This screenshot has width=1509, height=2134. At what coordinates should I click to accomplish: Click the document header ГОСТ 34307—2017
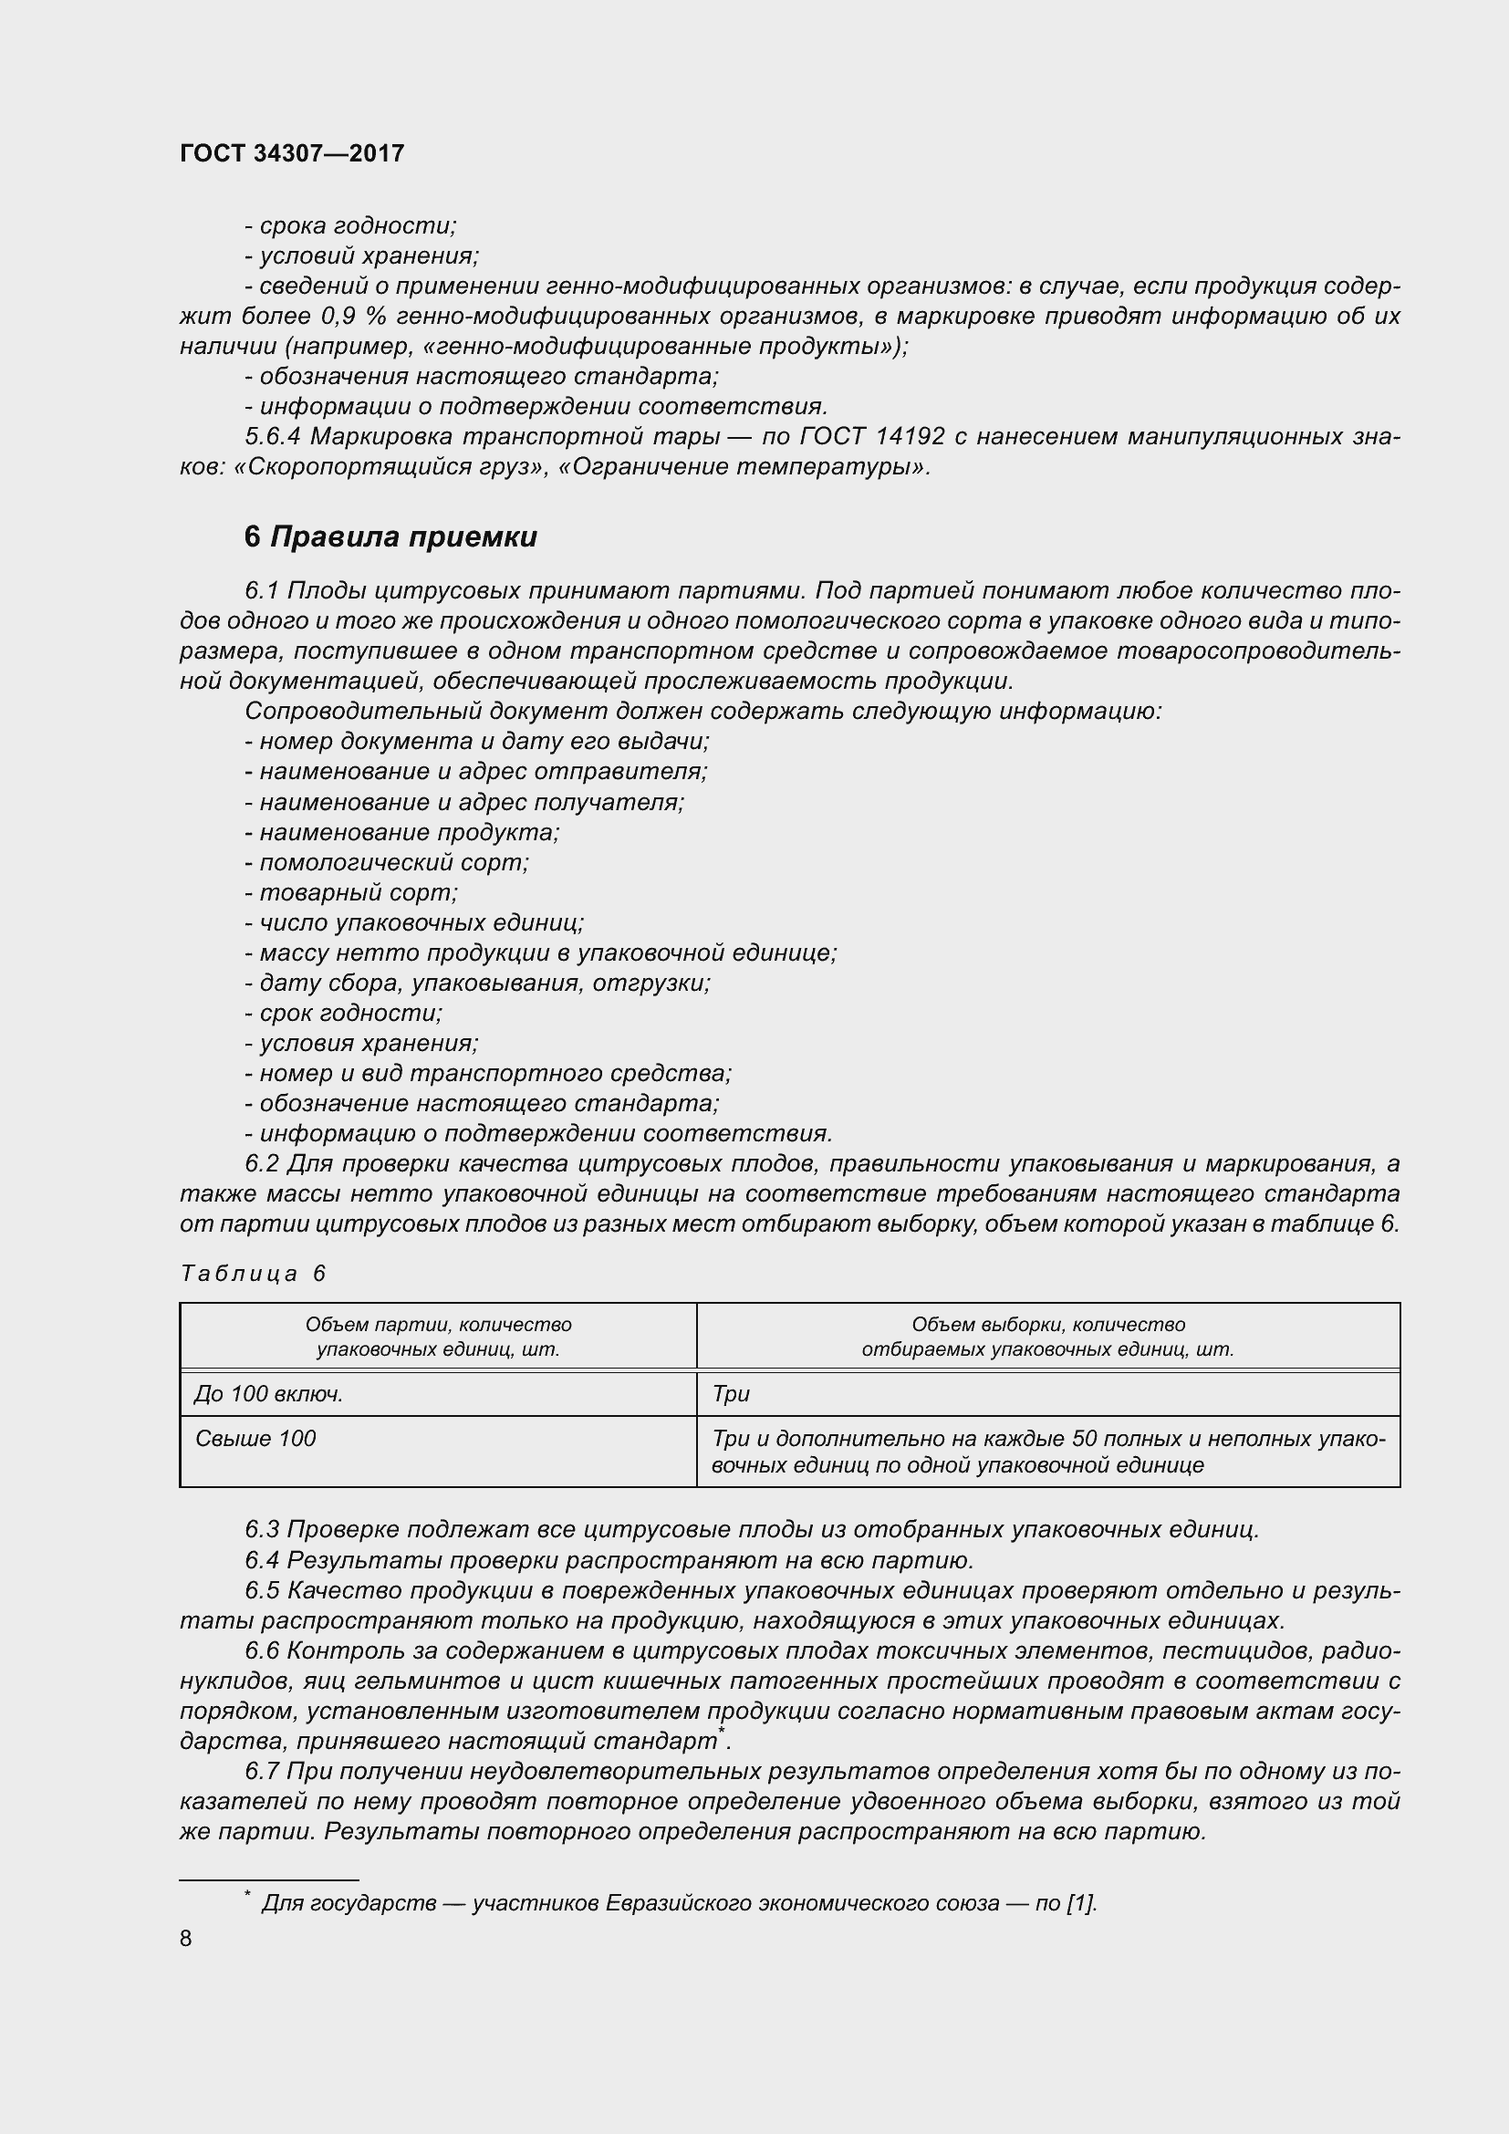292,153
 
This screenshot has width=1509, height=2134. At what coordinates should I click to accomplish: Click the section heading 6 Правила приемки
390,537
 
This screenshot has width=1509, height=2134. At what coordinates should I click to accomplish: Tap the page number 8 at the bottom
186,1938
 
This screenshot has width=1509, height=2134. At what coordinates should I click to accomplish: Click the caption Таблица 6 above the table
253,1274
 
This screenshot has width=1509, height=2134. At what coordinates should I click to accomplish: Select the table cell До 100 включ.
268,1394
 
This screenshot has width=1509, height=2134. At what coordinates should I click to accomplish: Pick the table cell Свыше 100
255,1439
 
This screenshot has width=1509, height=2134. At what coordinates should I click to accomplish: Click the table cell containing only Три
731,1394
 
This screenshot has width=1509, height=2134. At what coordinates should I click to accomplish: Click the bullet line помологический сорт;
387,862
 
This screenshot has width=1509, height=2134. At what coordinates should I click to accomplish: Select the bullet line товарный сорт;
351,892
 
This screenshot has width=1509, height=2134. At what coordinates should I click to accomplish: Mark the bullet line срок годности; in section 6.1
344,1013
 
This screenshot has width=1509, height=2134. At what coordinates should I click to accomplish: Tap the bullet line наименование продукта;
401,832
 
